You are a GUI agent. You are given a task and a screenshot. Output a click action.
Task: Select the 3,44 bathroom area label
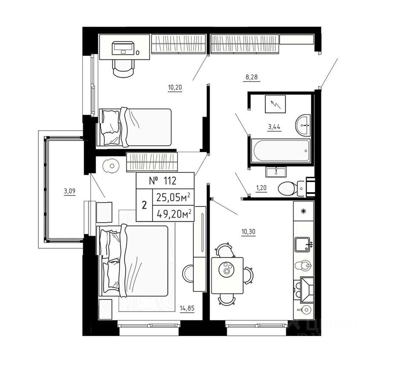click(274, 127)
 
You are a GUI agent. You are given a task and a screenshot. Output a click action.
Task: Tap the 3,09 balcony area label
click(70, 191)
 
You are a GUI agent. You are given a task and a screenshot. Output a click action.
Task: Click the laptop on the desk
click(123, 47)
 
